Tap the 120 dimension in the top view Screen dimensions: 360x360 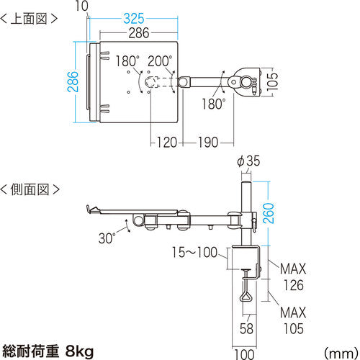click(167, 142)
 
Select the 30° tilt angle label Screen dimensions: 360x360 click(107, 238)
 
